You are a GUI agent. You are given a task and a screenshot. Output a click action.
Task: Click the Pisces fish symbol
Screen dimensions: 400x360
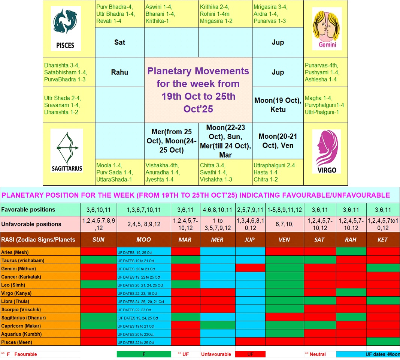point(65,21)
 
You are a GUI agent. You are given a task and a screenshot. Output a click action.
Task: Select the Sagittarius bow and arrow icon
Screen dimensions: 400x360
point(67,148)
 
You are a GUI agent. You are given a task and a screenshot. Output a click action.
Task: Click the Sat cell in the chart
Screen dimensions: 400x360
point(119,42)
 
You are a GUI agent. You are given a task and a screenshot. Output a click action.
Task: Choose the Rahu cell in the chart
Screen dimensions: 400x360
point(119,72)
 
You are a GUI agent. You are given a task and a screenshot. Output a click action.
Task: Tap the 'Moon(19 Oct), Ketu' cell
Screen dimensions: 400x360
point(278,105)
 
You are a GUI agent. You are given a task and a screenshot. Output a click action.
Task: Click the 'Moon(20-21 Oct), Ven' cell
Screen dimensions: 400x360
point(278,141)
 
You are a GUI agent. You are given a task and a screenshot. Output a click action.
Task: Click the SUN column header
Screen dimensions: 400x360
point(99,240)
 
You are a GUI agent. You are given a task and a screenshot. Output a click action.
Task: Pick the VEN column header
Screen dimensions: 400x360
point(284,240)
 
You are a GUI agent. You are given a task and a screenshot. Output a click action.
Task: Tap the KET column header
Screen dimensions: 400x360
point(383,240)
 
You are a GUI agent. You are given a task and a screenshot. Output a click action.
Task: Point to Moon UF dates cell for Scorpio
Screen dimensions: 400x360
point(144,310)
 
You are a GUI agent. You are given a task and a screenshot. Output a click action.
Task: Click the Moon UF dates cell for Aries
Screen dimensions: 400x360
point(144,252)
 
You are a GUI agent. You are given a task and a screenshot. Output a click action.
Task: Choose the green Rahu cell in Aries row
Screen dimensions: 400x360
point(351,251)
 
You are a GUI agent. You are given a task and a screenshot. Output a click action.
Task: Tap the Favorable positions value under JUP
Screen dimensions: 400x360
point(250,210)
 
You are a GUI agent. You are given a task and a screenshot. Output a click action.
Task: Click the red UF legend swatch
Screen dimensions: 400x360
point(250,354)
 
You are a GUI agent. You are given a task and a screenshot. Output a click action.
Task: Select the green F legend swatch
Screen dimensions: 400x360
point(144,354)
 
